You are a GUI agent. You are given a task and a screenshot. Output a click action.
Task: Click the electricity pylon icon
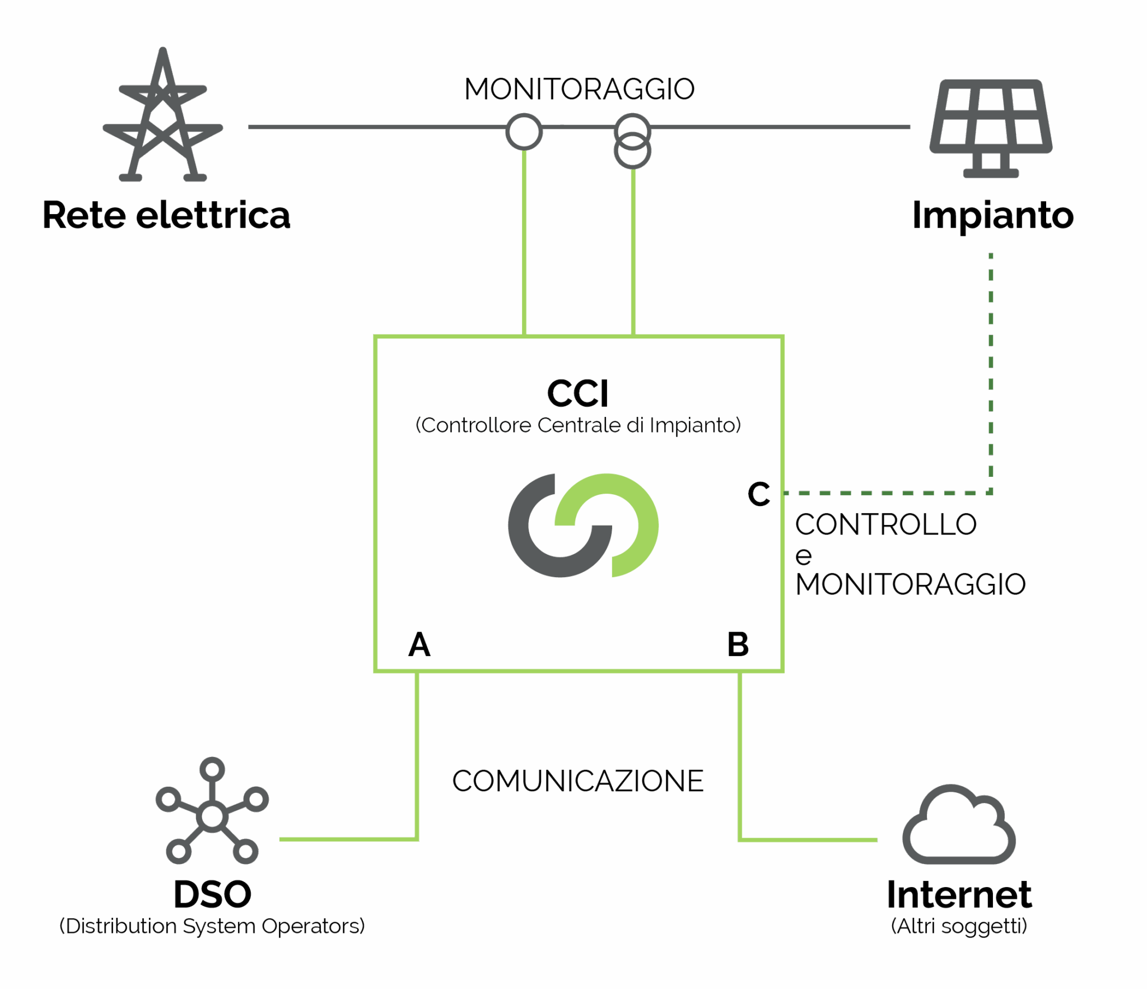[x=163, y=118]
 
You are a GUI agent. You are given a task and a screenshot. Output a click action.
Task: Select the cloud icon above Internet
[x=959, y=826]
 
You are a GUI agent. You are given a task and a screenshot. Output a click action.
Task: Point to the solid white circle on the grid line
[x=524, y=132]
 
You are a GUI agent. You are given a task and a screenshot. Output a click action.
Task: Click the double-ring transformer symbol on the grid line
[x=632, y=141]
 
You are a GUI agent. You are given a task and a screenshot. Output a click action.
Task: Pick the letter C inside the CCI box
[x=759, y=494]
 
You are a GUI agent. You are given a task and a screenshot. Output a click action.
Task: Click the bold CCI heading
[x=578, y=393]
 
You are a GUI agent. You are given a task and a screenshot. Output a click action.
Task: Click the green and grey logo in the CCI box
[x=583, y=526]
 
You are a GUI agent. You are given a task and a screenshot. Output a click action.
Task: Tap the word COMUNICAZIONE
[x=578, y=781]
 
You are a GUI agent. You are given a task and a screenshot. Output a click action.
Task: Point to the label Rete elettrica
[x=166, y=215]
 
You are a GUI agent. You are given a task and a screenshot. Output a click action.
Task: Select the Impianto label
[x=993, y=215]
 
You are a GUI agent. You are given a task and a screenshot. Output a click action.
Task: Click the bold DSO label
[x=212, y=894]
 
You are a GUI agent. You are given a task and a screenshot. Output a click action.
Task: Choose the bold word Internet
[x=959, y=894]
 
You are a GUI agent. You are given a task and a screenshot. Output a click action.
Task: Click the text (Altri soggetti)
[x=959, y=927]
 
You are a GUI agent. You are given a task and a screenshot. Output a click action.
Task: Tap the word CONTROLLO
[x=885, y=525]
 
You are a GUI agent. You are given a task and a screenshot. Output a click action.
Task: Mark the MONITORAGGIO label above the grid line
[x=580, y=90]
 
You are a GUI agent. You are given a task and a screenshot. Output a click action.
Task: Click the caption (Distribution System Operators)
[x=212, y=927]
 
